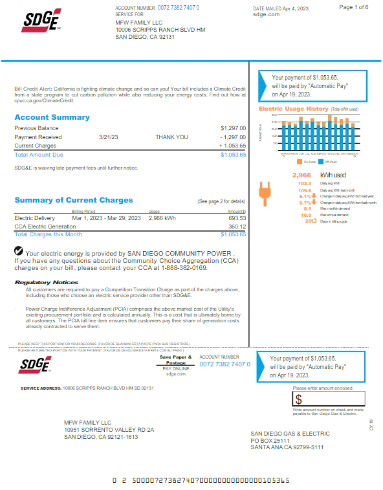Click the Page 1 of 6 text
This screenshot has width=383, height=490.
click(x=354, y=6)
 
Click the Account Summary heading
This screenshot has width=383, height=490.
click(x=52, y=117)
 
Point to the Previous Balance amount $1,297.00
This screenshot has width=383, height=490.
click(x=233, y=128)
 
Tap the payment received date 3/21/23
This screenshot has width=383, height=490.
click(x=108, y=137)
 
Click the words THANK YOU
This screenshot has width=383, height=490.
click(x=171, y=137)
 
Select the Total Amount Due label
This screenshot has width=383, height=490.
click(x=39, y=155)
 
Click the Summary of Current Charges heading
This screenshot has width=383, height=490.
click(x=73, y=200)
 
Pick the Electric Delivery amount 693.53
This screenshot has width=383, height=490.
click(x=237, y=218)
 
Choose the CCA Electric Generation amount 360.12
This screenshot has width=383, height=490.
click(x=237, y=227)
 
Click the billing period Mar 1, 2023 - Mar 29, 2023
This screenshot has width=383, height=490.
click(x=106, y=218)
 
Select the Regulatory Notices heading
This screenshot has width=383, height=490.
click(x=46, y=282)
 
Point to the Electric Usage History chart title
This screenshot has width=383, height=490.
click(x=294, y=109)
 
